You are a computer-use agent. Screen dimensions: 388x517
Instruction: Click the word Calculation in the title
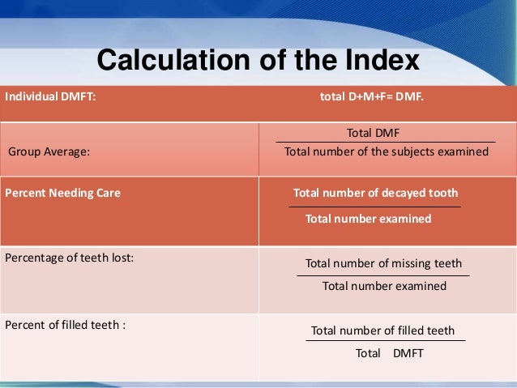click(163, 61)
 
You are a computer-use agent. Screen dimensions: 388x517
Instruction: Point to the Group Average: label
click(49, 151)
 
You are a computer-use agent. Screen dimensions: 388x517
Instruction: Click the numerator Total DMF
click(374, 133)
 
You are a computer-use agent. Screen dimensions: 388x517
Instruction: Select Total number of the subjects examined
click(386, 151)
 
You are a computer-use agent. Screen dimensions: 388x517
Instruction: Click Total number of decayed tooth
click(375, 194)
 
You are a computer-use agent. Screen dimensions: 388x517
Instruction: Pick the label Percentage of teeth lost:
click(70, 258)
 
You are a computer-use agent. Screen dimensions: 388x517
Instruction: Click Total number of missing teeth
click(383, 264)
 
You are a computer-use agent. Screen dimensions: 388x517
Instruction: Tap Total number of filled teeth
click(382, 330)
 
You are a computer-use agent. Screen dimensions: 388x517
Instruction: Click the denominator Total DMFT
click(390, 354)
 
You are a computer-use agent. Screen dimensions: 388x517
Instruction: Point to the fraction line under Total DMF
click(385, 142)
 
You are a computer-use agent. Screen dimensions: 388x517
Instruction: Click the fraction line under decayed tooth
click(375, 207)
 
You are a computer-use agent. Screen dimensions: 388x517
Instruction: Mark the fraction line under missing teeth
click(383, 276)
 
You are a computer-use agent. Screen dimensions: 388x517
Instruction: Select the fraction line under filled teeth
click(384, 341)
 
